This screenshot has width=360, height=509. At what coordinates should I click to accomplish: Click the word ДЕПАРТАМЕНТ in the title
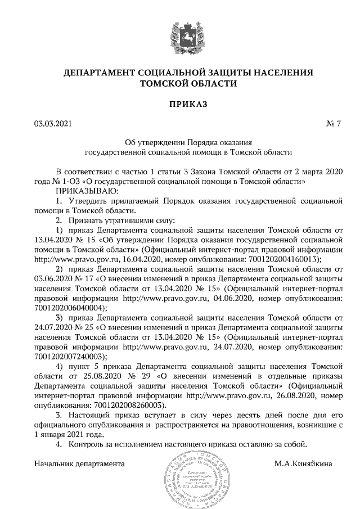99,73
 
